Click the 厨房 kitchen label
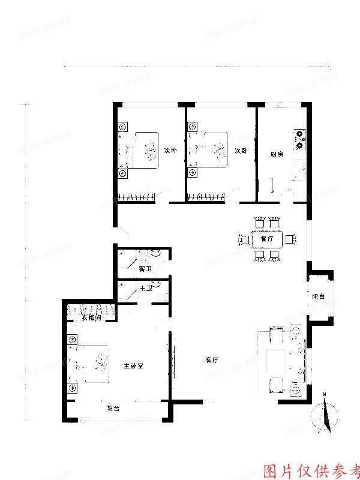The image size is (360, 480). (277, 154)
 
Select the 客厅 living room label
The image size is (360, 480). (211, 360)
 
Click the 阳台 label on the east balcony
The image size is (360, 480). (318, 296)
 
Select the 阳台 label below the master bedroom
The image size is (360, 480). (113, 408)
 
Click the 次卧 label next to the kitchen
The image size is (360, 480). (241, 151)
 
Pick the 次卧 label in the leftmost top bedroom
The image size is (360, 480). (170, 150)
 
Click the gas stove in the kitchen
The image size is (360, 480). (299, 139)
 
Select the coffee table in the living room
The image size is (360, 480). (277, 360)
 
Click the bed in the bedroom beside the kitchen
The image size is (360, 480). (209, 150)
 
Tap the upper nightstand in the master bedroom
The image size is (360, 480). (73, 340)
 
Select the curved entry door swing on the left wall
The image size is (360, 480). (120, 238)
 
